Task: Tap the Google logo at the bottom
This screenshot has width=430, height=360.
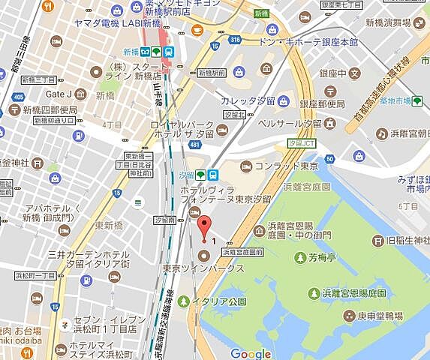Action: tap(250, 353)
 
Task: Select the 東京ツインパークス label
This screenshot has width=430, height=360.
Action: tap(203, 268)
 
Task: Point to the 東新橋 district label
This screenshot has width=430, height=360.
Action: tap(109, 225)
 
